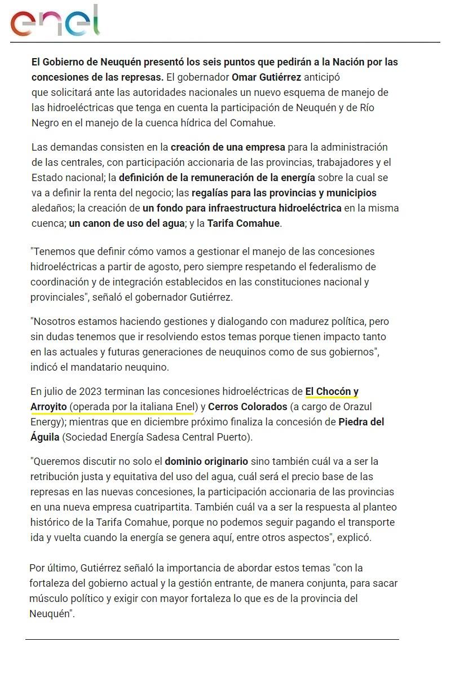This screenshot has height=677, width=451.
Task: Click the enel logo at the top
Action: (55, 21)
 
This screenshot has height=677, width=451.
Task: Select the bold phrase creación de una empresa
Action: (228, 147)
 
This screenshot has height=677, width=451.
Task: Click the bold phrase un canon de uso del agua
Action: (127, 223)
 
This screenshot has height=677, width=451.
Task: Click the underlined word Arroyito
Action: (48, 406)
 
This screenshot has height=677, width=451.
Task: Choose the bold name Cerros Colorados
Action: (248, 406)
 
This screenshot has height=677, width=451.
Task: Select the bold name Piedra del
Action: (369, 421)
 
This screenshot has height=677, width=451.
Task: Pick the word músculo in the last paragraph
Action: (49, 598)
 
